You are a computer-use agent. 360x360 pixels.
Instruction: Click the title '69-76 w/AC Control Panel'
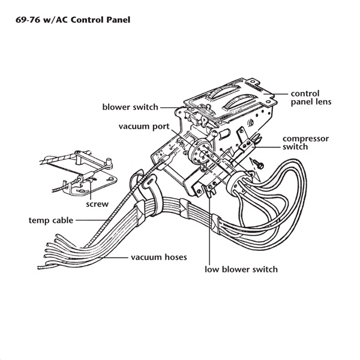tap(73, 20)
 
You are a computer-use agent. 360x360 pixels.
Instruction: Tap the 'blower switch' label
tap(130, 107)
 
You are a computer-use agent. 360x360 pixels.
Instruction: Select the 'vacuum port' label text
tap(144, 127)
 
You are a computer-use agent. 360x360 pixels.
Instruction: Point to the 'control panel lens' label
tap(311, 98)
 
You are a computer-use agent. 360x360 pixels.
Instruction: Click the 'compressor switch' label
tap(305, 143)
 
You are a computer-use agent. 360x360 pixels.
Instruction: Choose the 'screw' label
tap(97, 204)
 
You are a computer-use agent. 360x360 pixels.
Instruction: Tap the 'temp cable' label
tap(51, 220)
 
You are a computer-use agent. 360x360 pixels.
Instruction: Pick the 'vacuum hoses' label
tap(159, 257)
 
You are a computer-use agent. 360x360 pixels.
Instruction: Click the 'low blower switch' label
tap(241, 269)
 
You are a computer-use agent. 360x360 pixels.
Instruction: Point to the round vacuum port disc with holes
tap(200, 152)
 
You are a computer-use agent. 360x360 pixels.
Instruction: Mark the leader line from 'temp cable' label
tap(92, 220)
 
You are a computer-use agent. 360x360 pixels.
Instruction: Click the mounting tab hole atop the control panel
tap(254, 81)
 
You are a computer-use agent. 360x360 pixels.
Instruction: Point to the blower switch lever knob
tap(208, 106)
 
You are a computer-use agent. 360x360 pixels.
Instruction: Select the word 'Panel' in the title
tap(118, 20)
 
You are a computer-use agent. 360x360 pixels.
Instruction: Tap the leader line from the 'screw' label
tap(91, 189)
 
